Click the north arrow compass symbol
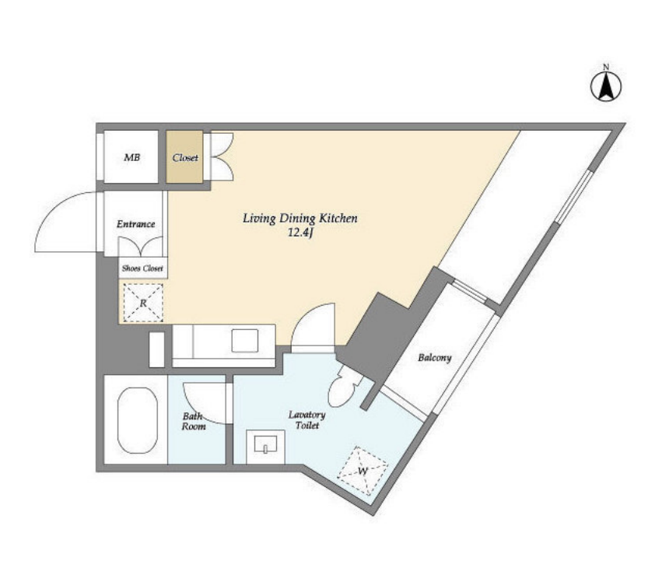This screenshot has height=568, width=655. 606,85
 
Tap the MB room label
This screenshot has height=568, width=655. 132,158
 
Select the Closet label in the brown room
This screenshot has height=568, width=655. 185,158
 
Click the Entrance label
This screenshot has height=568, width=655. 136,224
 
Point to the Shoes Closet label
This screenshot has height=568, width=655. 142,268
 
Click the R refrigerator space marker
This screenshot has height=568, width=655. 143,303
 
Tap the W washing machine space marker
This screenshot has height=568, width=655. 363,471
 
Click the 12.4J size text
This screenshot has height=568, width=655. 300,233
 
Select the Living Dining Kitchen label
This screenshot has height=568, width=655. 300,218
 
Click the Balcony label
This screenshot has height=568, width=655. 435,358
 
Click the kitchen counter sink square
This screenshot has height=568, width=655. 245,341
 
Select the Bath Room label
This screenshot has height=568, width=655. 194,421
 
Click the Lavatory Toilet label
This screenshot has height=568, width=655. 307,420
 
